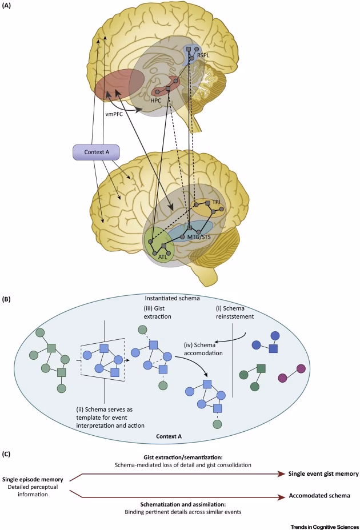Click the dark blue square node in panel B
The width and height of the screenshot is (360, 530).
[274, 348]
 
